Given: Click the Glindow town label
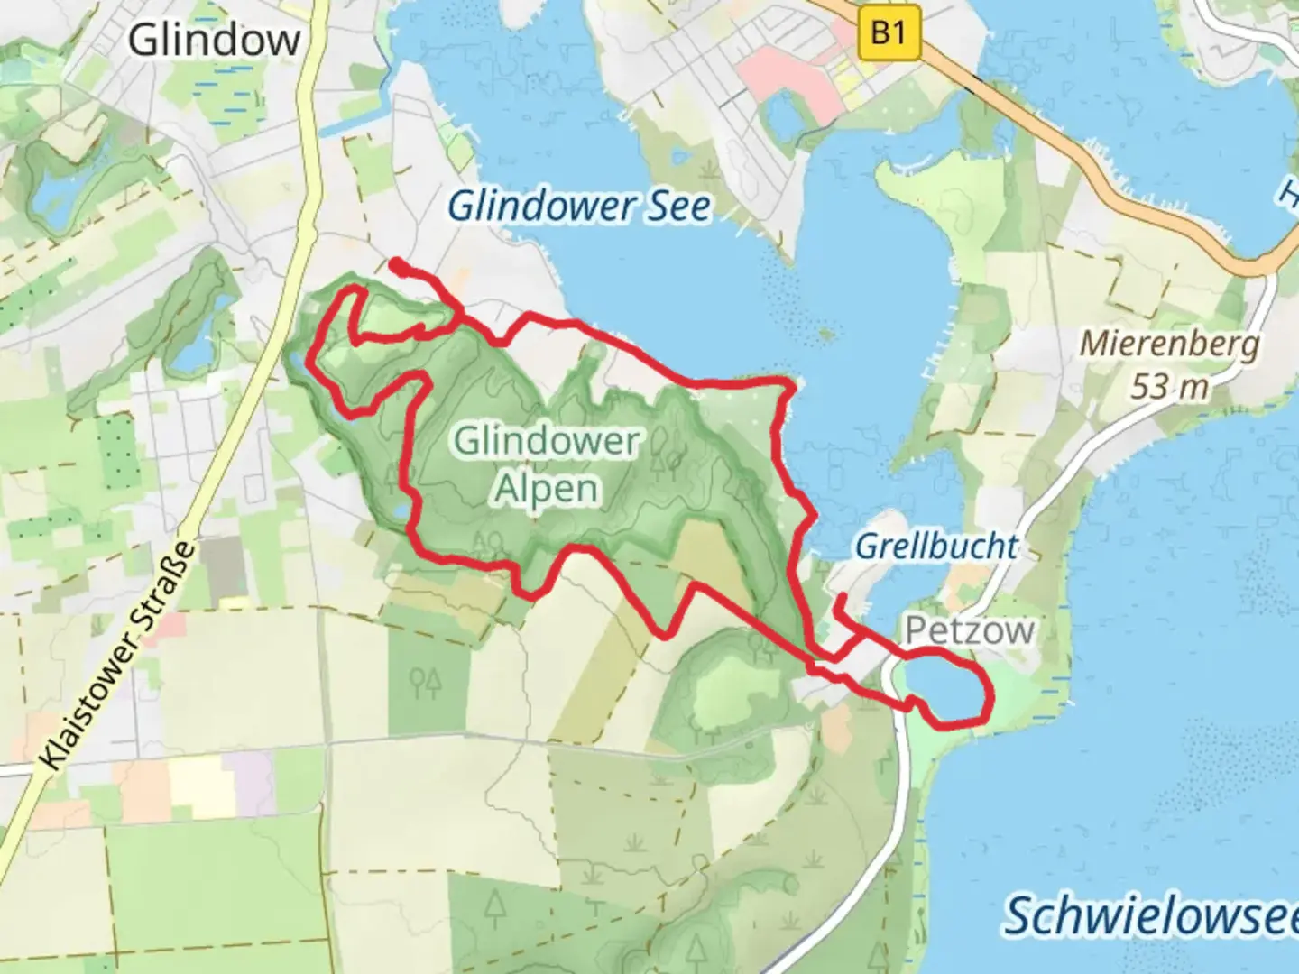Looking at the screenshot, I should (215, 41).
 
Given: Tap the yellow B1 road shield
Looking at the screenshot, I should (888, 34).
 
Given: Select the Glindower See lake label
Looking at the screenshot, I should (579, 207).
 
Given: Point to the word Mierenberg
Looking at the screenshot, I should (1169, 344).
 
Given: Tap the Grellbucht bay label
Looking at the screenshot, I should (935, 546).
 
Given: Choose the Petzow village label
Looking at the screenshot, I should (969, 630).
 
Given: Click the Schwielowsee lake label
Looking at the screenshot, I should (1150, 916).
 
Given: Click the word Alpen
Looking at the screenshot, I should (547, 488).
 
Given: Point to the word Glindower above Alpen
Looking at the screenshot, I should (547, 442).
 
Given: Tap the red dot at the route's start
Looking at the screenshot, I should (395, 263).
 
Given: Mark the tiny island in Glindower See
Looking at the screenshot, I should (824, 335).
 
